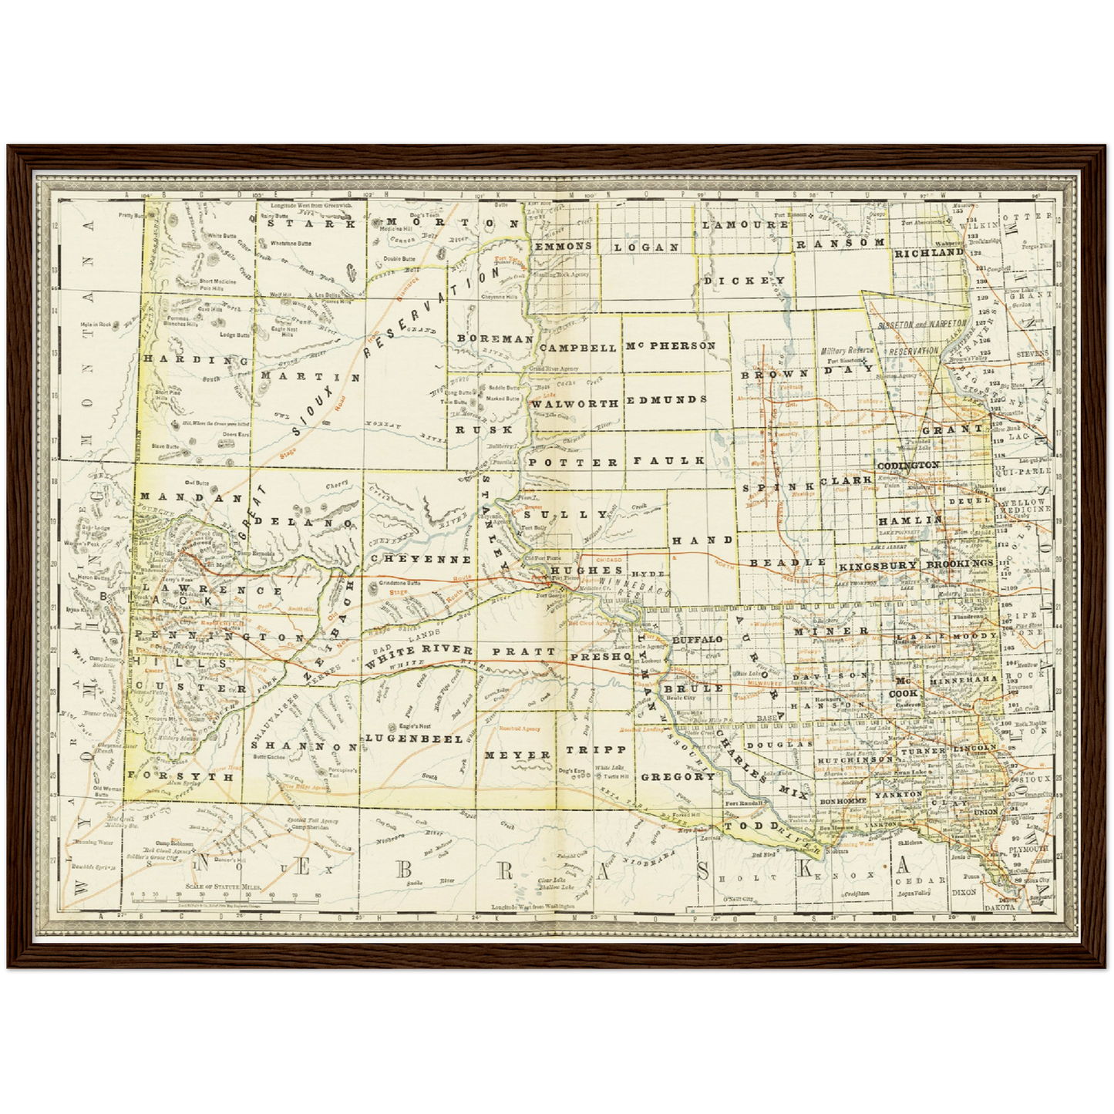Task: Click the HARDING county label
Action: pos(196,360)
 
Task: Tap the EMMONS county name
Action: pos(563,246)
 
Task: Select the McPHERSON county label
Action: pos(671,346)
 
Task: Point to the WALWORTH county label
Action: pos(575,403)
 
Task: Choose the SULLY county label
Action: pos(565,513)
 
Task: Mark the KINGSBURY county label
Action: pos(877,566)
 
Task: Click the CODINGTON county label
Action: pos(908,465)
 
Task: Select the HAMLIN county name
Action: pos(910,520)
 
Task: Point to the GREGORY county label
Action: pos(678,776)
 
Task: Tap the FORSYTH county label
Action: pos(180,776)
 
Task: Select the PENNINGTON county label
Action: pos(220,637)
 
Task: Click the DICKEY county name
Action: pos(744,281)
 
